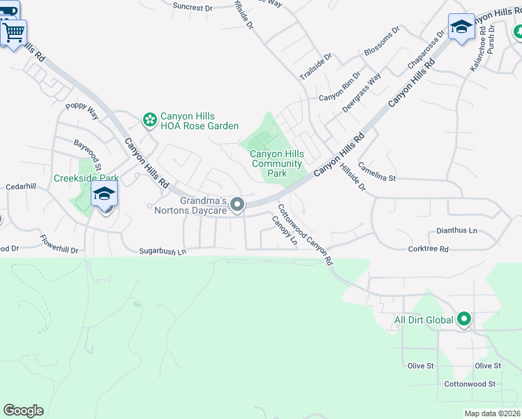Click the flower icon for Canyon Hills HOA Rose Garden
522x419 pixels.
point(149,120)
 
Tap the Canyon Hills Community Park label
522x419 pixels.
point(277,163)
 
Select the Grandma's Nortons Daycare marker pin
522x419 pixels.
point(237,205)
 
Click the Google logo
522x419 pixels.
point(23,411)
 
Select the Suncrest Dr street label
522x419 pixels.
point(192,8)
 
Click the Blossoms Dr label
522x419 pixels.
point(382,41)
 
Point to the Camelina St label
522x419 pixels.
point(377,172)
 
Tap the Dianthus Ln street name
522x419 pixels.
point(456,230)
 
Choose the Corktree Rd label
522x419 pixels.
point(428,249)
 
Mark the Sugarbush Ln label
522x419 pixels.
point(163,250)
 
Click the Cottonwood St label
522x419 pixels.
point(470,384)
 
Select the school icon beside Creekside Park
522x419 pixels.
point(105,194)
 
